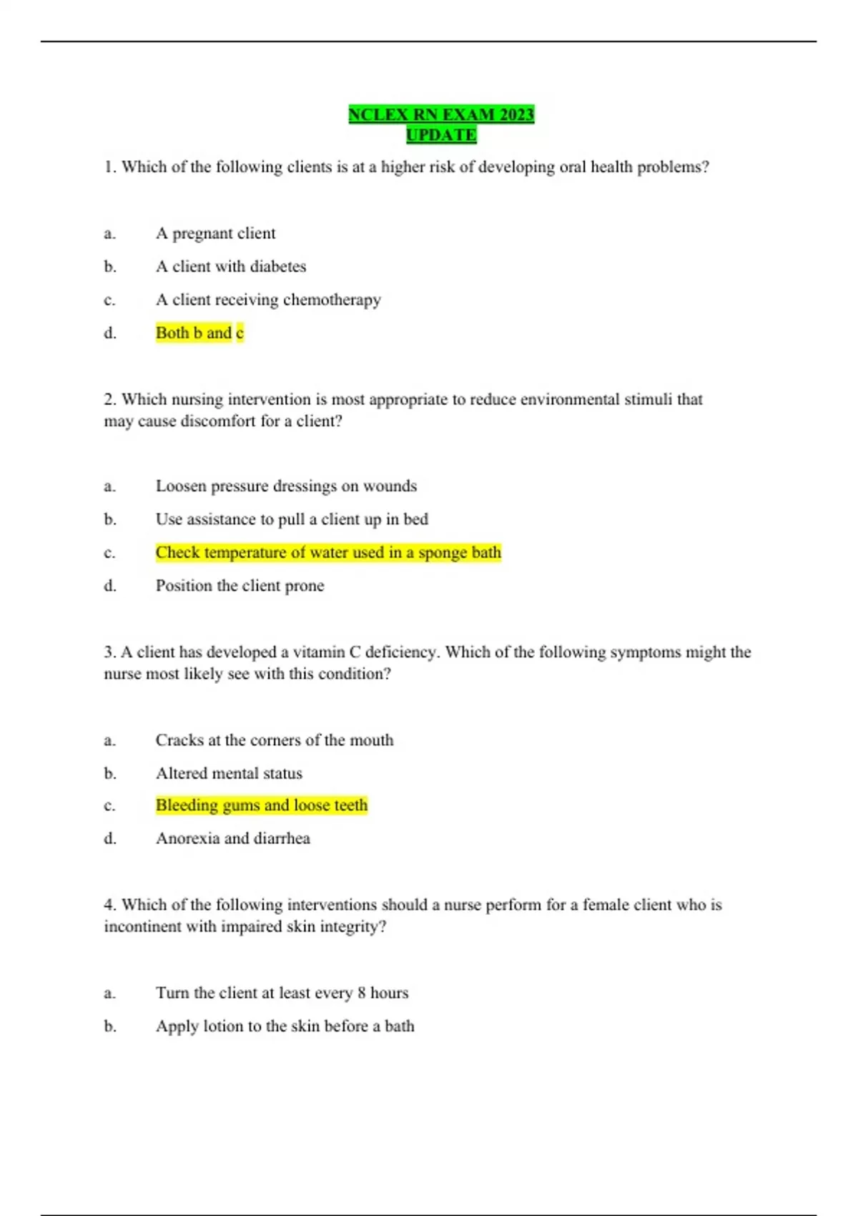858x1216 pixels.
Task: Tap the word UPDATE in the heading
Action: [441, 134]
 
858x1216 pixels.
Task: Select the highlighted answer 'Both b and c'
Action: [199, 333]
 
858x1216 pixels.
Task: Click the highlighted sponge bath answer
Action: [328, 552]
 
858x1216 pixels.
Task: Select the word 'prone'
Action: [305, 586]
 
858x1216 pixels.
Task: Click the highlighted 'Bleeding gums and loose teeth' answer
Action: [262, 805]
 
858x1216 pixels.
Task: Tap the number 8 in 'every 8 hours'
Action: [362, 993]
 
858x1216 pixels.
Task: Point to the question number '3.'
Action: [110, 652]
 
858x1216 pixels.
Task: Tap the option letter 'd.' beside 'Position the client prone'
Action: [110, 586]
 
